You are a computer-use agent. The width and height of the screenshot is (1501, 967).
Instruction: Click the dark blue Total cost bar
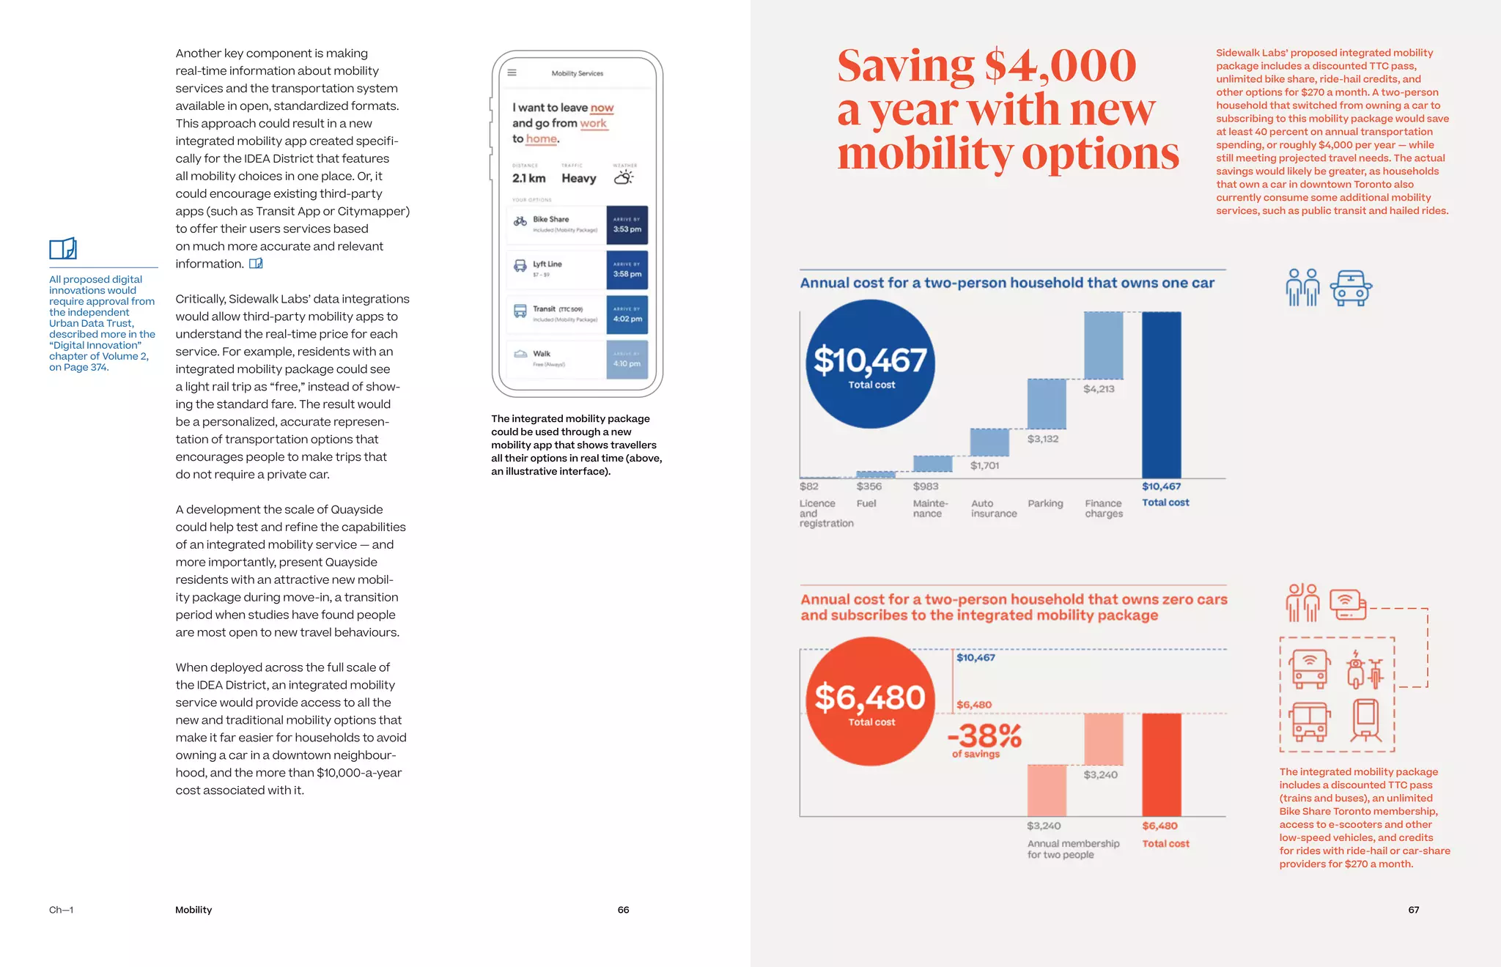pos(1162,396)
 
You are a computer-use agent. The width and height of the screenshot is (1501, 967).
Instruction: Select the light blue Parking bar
pos(1047,404)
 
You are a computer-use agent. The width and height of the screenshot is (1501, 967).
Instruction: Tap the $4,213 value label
pos(1099,389)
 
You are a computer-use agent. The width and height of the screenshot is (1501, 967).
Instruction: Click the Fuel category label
pos(866,503)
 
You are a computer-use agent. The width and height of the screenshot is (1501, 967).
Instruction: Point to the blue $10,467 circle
pos(870,364)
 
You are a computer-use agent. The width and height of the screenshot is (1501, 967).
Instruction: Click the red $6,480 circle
pos(870,701)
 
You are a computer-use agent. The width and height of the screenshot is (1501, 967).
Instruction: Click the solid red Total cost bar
pos(1162,764)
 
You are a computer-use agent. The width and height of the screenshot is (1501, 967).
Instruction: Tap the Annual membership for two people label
pos(1072,849)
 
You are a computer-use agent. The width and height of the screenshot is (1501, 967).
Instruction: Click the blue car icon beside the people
pos(1350,288)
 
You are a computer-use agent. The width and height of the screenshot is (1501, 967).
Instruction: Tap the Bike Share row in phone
pos(556,224)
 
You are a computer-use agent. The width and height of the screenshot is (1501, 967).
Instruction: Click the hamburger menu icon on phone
pos(512,73)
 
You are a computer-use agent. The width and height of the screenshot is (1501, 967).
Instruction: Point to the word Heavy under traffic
pos(578,178)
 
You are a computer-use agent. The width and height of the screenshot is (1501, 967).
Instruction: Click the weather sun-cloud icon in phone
pos(624,177)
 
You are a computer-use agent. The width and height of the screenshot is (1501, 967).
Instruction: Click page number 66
pos(623,910)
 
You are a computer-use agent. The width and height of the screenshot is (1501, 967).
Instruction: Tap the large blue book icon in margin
pos(63,248)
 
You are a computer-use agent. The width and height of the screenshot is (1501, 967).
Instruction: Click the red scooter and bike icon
pos(1365,670)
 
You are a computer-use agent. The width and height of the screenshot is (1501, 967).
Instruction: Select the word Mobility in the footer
pos(193,910)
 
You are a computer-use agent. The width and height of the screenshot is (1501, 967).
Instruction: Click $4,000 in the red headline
pos(1060,65)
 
